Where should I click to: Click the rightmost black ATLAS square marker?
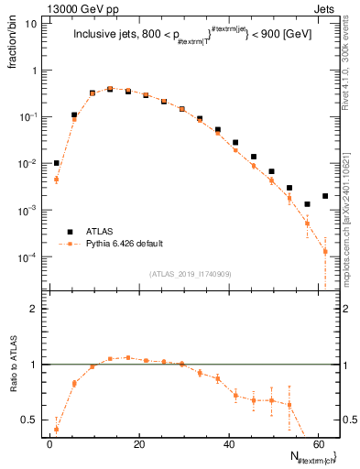click(x=325, y=195)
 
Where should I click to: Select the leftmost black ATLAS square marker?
click(x=57, y=163)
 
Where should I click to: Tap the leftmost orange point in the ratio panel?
click(x=57, y=429)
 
